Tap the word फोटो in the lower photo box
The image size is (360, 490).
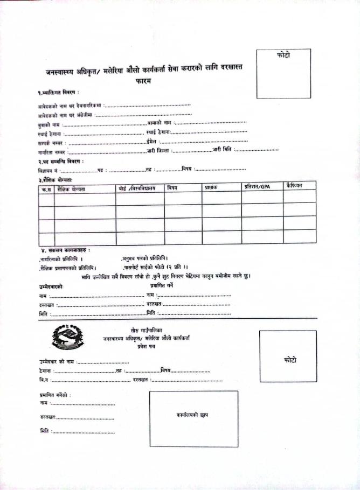pyautogui.click(x=289, y=360)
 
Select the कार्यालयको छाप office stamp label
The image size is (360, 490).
pyautogui.click(x=192, y=415)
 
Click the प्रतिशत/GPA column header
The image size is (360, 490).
pyautogui.click(x=257, y=186)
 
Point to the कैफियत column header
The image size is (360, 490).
pyautogui.click(x=295, y=186)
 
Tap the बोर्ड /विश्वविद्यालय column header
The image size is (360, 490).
pyautogui.click(x=137, y=188)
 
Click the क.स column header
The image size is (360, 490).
pyautogui.click(x=45, y=190)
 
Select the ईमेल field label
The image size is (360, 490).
pyautogui.click(x=151, y=141)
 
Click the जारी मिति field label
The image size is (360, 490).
pyautogui.click(x=221, y=150)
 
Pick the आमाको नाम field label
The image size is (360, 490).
pyautogui.click(x=159, y=123)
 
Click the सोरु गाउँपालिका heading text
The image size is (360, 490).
pyautogui.click(x=146, y=330)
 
